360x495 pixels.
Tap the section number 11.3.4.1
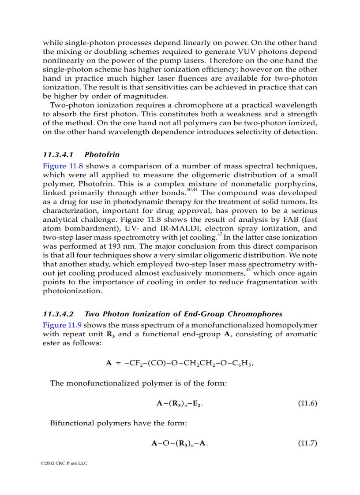pyautogui.click(x=58, y=155)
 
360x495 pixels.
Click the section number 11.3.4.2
pyautogui.click(x=58, y=314)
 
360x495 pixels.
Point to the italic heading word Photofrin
pyautogui.click(x=102, y=155)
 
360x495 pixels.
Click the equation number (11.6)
pyautogui.click(x=307, y=403)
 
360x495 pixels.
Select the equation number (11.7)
pyautogui.click(x=307, y=443)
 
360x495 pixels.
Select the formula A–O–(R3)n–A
pyautogui.click(x=180, y=443)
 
